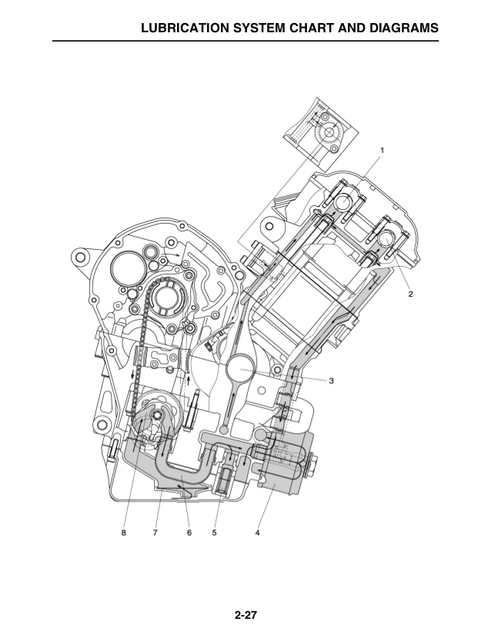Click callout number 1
pyautogui.click(x=382, y=149)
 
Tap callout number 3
pyautogui.click(x=331, y=381)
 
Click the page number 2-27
pyautogui.click(x=245, y=615)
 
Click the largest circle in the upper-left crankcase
pyautogui.click(x=128, y=271)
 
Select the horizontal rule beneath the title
pyautogui.click(x=245, y=41)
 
